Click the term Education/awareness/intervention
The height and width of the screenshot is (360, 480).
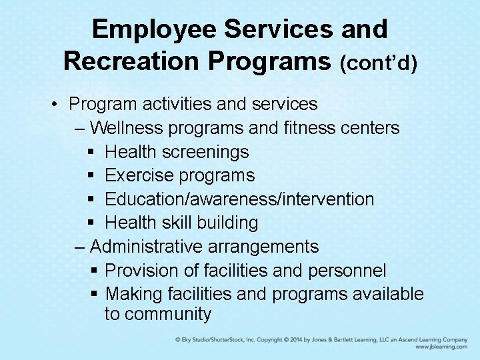click(239, 199)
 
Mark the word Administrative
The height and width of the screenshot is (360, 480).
click(146, 247)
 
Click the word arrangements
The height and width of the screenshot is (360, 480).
click(263, 247)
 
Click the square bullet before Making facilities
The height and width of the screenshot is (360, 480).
click(94, 294)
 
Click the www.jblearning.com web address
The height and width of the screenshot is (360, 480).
click(441, 347)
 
